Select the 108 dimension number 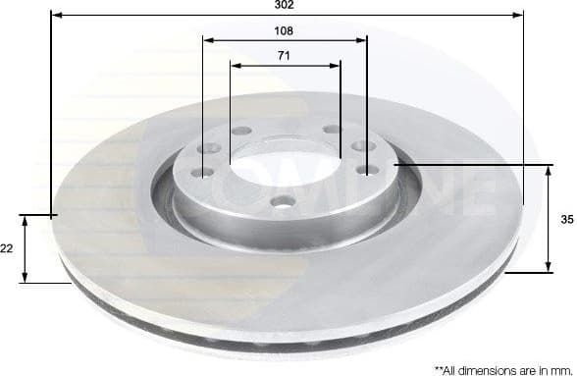tap(285, 30)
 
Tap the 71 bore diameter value tap(284, 55)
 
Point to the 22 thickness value tap(8, 250)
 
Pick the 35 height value tap(566, 220)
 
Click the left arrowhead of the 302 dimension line tap(54, 16)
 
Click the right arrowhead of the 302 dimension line tap(520, 16)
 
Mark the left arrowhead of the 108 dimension tap(207, 40)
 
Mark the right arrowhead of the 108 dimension tap(362, 40)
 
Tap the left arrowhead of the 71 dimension tap(235, 65)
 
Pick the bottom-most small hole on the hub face tap(283, 203)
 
